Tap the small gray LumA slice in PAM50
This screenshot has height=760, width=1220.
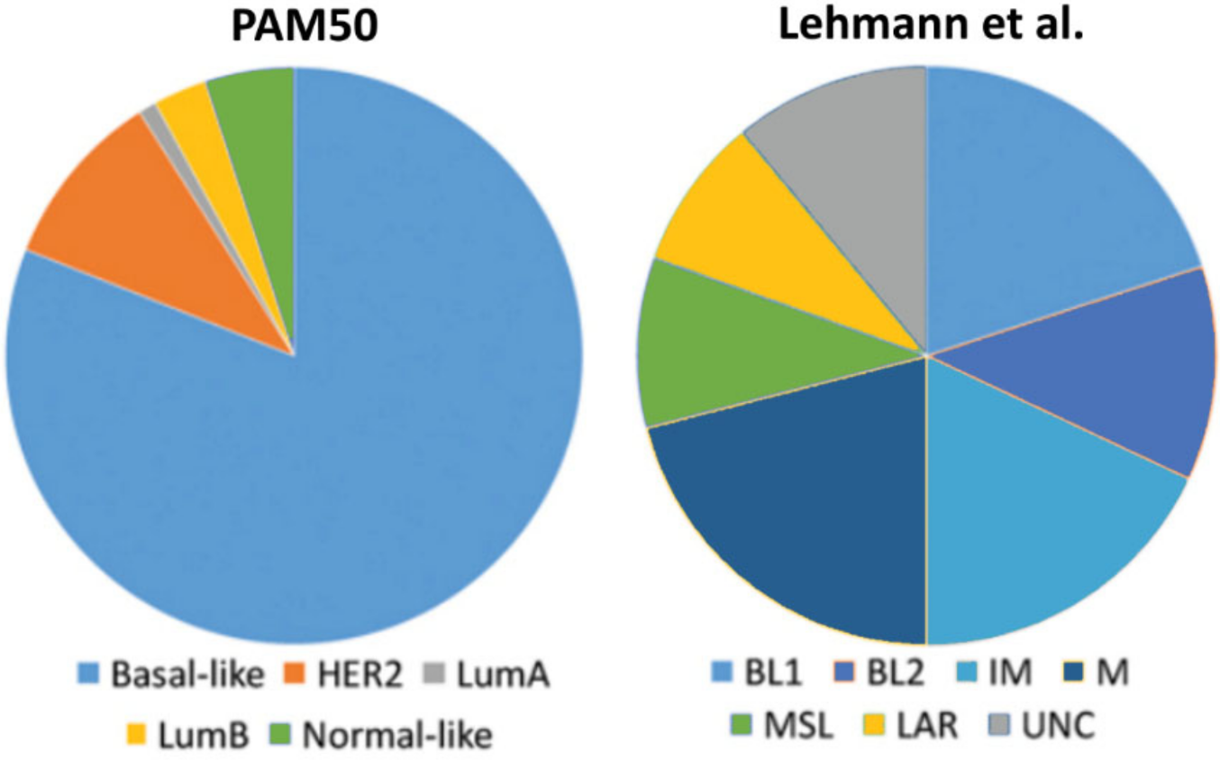pyautogui.click(x=153, y=112)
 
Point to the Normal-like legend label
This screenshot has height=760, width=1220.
pyautogui.click(x=397, y=735)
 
